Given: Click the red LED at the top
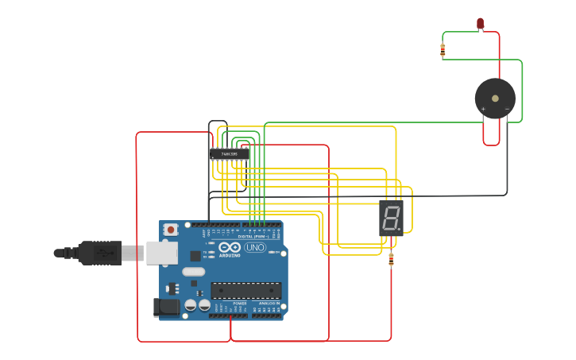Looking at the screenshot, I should click(480, 23).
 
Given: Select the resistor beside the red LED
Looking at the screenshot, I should click(443, 50).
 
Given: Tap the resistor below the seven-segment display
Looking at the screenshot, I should click(391, 257).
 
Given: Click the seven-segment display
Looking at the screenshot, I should click(391, 218).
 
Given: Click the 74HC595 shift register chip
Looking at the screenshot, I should click(230, 153).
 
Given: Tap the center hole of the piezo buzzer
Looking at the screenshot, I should click(495, 99).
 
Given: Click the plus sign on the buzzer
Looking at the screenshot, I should click(483, 109).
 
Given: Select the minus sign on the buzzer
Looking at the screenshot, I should click(507, 109).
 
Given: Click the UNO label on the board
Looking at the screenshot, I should click(255, 247).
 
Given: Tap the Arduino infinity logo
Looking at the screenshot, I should click(230, 247).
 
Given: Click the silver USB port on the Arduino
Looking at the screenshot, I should click(161, 253).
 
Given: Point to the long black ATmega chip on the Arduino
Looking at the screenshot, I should click(245, 290).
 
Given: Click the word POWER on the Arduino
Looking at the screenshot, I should click(239, 303).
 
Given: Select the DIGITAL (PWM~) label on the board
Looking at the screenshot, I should click(252, 236).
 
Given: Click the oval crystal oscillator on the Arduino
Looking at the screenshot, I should click(193, 272).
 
